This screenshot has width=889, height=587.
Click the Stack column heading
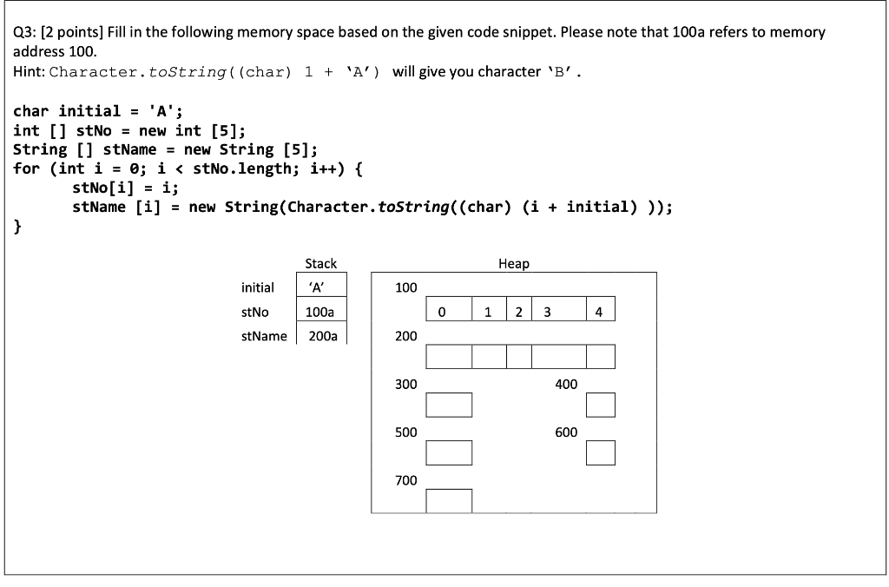(320, 263)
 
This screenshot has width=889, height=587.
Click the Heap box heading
(514, 263)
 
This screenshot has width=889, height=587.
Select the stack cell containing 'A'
(322, 287)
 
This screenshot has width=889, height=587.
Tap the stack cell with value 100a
(322, 312)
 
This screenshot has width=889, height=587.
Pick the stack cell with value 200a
(322, 336)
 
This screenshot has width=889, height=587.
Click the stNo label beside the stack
(255, 312)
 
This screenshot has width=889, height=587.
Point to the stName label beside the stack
(264, 336)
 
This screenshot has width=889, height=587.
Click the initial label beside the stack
(258, 287)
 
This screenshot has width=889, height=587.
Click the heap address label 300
(406, 384)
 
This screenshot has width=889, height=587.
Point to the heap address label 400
(566, 384)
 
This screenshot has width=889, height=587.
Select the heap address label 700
(406, 480)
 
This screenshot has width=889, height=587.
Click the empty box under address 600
(601, 452)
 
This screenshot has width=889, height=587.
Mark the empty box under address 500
(450, 452)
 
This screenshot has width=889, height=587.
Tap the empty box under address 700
(450, 500)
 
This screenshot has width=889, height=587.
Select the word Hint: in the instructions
(30, 71)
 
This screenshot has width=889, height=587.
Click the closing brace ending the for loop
(18, 227)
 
